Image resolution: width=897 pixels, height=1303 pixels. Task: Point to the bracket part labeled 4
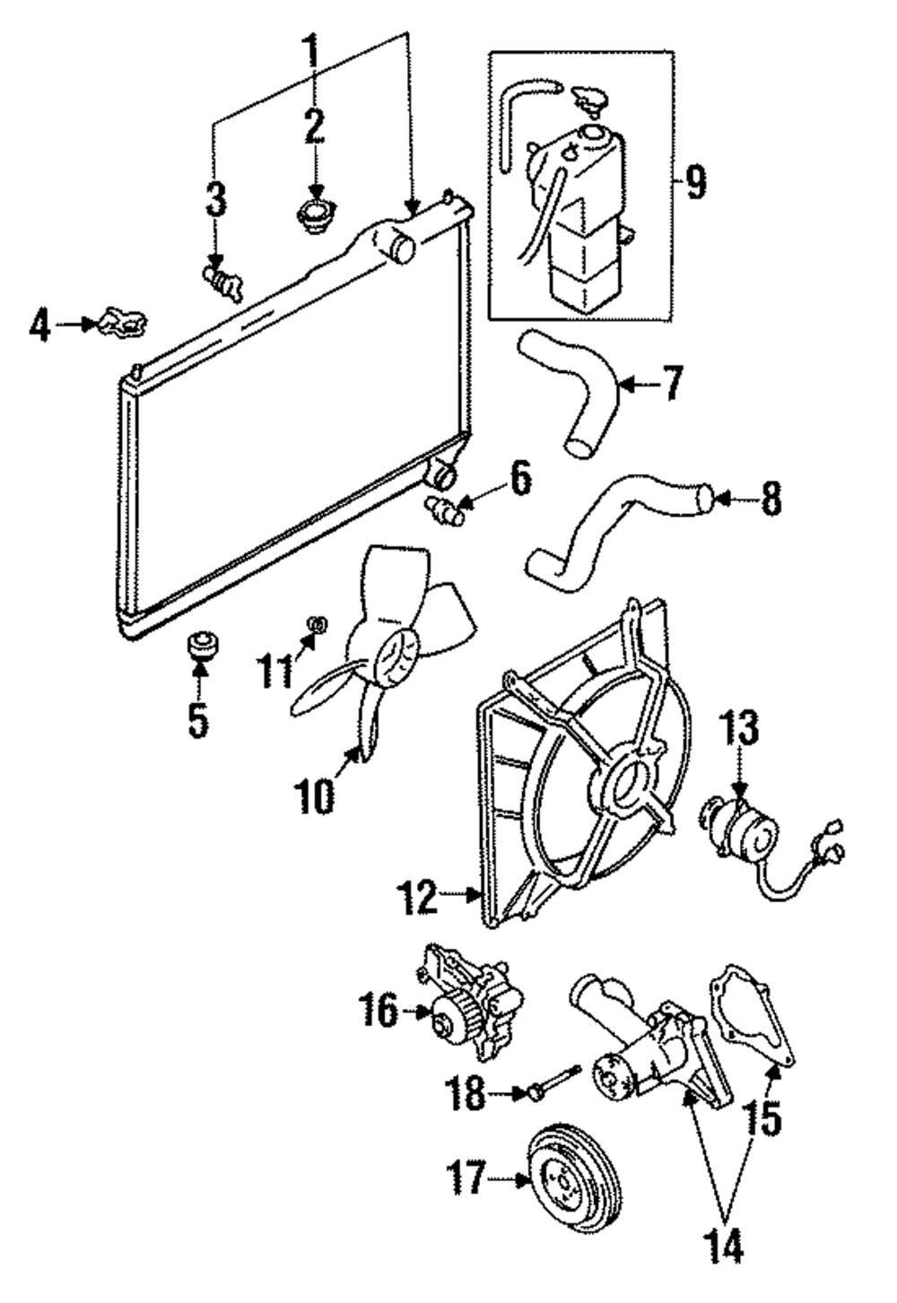point(120,321)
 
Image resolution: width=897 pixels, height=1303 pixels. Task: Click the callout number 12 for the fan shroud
point(420,898)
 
